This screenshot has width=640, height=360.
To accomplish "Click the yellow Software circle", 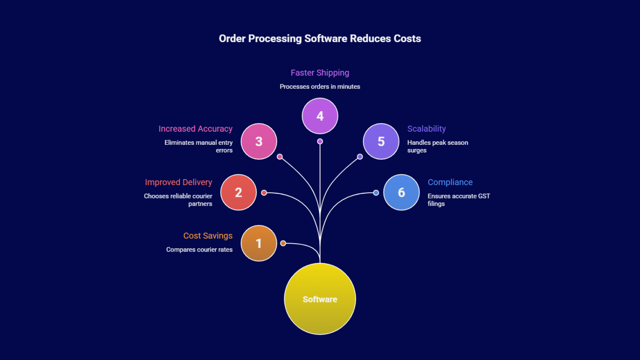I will (x=320, y=299).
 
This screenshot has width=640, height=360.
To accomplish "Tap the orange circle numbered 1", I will (x=259, y=243).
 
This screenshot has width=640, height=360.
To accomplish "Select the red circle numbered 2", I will (x=238, y=192).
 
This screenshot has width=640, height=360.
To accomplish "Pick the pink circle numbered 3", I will (x=259, y=141).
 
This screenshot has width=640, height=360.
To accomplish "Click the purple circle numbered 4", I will (x=320, y=116).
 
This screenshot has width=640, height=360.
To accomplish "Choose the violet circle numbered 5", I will (x=381, y=141).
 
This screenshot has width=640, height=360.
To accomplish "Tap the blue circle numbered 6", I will (x=401, y=192).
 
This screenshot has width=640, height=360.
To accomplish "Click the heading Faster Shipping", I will (x=320, y=73).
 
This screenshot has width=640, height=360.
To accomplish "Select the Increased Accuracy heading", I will (x=195, y=129).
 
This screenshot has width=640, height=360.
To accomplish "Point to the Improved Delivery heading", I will (x=178, y=182).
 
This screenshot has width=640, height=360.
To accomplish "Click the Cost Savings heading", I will (x=208, y=236).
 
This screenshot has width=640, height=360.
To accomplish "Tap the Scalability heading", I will (x=426, y=129).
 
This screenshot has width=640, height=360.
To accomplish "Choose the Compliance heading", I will (x=450, y=182).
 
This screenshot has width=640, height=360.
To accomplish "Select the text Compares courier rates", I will (x=199, y=250).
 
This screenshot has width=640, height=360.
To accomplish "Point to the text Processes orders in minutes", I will (x=320, y=86).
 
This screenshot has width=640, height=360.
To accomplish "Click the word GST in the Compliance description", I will (x=484, y=196).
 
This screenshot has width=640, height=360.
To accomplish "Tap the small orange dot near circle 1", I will (x=283, y=243).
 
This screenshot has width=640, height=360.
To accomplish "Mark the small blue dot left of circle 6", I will (x=376, y=193).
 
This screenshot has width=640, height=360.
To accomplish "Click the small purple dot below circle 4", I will (x=320, y=141).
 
